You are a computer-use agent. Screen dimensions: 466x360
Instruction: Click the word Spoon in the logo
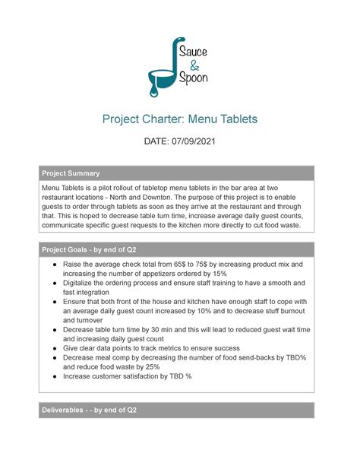coord(196,78)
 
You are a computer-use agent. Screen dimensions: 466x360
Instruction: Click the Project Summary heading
coord(71,173)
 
